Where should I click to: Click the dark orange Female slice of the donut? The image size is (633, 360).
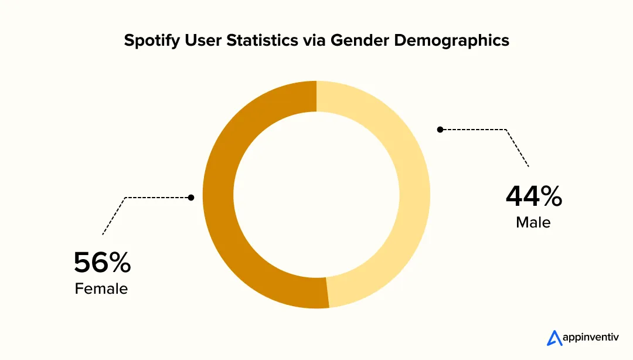pos(218,194)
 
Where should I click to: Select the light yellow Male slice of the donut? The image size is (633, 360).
pos(414,194)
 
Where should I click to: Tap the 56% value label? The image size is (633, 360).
pos(102,263)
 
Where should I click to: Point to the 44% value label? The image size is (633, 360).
pos(533,196)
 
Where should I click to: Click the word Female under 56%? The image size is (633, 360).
pos(101,289)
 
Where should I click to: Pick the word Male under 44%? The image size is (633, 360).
pos(533,223)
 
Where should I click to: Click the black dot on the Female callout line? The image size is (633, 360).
pos(191,198)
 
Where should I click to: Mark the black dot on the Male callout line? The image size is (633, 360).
pos(441,129)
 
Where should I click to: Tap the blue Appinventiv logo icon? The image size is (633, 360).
pos(554,338)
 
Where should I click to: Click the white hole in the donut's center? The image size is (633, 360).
pos(316,194)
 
